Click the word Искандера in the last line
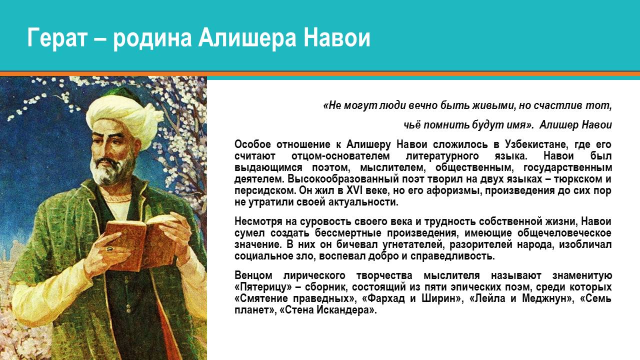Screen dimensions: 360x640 tap(348, 310)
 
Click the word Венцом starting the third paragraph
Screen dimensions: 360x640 tap(254, 276)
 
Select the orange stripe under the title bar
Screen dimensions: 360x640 tap(320, 74)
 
